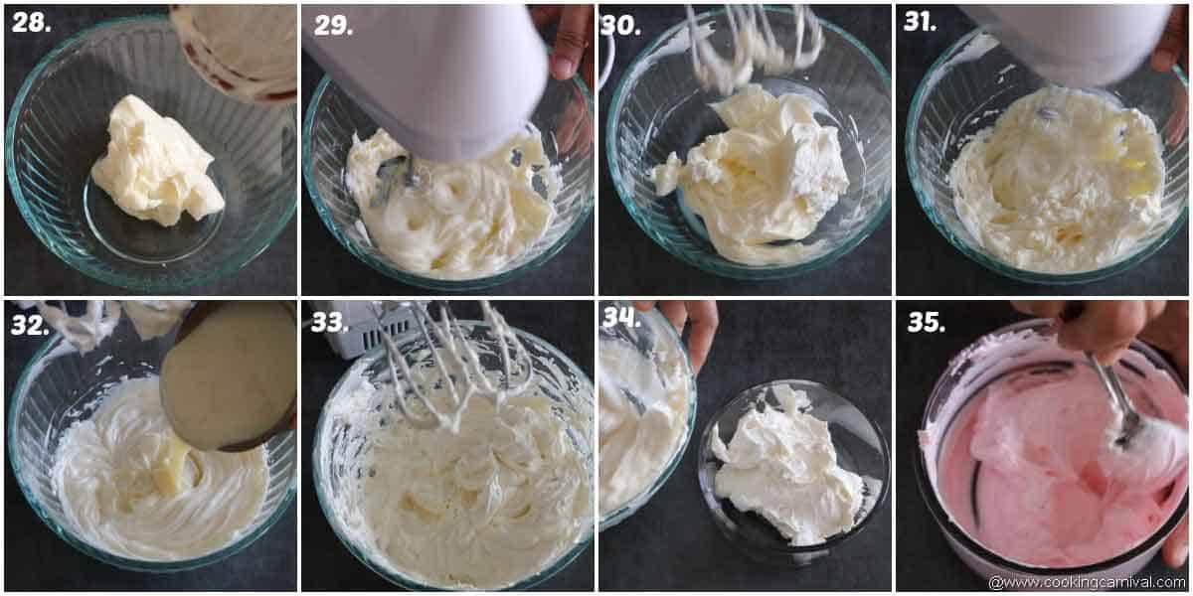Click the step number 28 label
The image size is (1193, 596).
[31, 22]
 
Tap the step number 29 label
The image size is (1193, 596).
[333, 25]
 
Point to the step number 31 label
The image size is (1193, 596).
[920, 22]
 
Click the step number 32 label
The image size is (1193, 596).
[31, 325]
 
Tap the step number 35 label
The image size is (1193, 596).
[926, 322]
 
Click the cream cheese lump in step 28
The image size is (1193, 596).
[156, 161]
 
